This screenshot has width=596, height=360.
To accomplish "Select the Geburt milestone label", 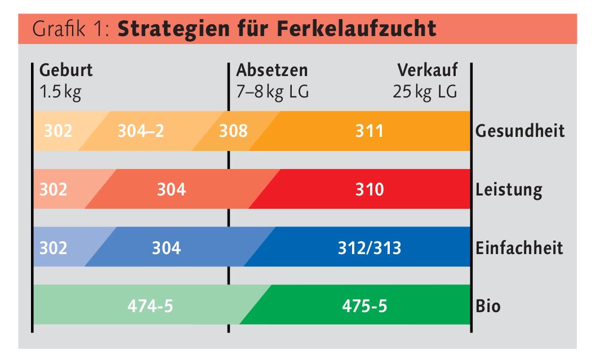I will [66, 71].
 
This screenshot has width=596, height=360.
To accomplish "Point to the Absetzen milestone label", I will [272, 71].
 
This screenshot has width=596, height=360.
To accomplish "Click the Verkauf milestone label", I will [428, 71].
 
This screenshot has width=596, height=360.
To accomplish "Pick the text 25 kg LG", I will [425, 91].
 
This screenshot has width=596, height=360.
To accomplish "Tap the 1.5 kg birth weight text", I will [60, 91].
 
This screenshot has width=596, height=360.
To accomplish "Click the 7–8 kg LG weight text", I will [272, 91].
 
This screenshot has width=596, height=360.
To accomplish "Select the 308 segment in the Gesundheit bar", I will [233, 131].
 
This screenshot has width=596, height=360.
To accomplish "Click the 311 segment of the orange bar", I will [369, 131].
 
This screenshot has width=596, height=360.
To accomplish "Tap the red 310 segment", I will [370, 189].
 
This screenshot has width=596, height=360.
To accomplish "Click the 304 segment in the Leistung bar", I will [172, 189].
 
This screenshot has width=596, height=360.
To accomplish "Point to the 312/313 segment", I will [370, 247].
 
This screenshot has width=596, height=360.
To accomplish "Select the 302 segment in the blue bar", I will [54, 247].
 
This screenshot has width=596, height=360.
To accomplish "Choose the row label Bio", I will [488, 306].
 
